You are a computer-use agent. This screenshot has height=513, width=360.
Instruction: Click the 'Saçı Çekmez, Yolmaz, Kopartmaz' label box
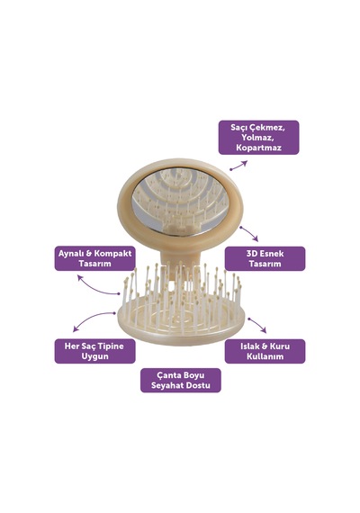(258, 137)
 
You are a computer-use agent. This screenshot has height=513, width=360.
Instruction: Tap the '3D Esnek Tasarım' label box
(265, 258)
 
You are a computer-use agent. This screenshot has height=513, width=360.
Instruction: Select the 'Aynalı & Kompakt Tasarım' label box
(94, 258)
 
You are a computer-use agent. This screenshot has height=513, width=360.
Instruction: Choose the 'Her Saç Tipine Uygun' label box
(94, 351)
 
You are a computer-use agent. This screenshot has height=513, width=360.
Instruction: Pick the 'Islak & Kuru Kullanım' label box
(265, 351)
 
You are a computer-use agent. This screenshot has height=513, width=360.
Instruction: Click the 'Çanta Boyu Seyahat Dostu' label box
(181, 380)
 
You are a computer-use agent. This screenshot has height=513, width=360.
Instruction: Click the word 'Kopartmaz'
(258, 148)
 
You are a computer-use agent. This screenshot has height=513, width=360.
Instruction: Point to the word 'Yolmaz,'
(258, 137)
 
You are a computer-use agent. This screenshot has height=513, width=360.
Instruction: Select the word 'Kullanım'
(265, 356)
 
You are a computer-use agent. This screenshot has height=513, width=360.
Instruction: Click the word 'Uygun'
(94, 356)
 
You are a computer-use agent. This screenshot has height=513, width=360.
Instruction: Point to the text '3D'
(252, 253)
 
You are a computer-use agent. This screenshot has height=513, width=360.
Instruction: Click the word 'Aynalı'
(71, 253)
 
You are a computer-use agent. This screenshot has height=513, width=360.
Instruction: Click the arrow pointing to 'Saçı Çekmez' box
(238, 166)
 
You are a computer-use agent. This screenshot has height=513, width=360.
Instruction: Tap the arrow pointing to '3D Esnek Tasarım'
(249, 233)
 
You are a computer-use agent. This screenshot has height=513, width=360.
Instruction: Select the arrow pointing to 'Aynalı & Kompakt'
(96, 288)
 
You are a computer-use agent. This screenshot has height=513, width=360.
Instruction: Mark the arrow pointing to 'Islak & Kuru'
(256, 325)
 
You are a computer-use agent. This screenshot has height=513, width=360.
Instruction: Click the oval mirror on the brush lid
(180, 201)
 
